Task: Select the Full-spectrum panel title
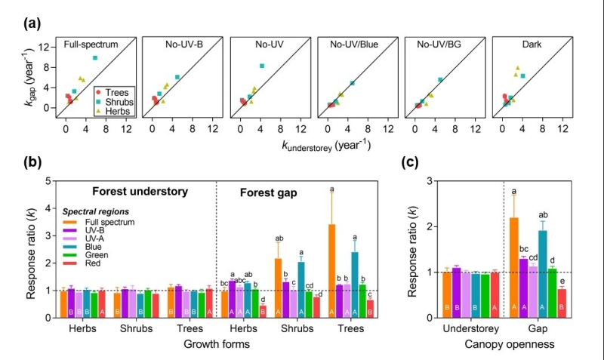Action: click(x=91, y=45)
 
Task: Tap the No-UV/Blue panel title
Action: click(x=355, y=45)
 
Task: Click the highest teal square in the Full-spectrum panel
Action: click(x=95, y=58)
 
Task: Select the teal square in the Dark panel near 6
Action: click(x=522, y=76)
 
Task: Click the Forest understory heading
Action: click(x=140, y=191)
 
